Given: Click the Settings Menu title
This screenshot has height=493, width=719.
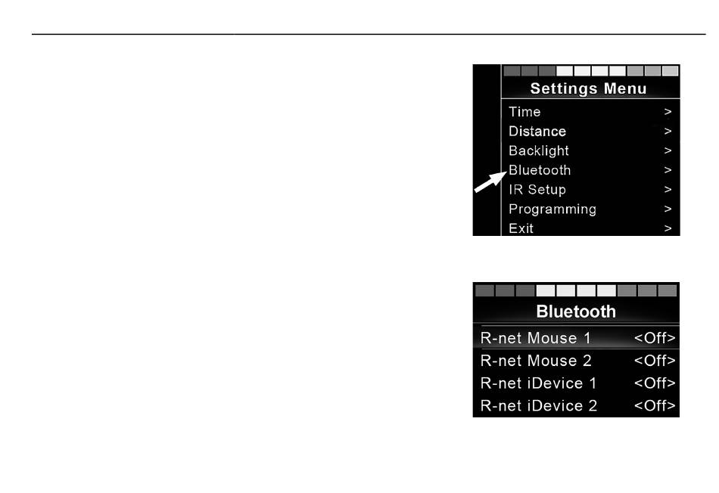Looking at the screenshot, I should tap(588, 88).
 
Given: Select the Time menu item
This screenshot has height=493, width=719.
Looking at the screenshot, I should tap(524, 112).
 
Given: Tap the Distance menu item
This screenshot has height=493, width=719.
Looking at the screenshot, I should tap(537, 132).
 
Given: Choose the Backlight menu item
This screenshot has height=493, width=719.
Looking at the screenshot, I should tap(538, 150).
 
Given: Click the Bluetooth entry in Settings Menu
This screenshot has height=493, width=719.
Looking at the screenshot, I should tap(540, 170).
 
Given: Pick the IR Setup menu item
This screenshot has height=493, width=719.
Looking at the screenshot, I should tap(537, 190).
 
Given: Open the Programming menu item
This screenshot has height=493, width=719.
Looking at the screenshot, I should tap(552, 209).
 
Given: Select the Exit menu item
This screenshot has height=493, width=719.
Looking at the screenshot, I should tap(521, 228).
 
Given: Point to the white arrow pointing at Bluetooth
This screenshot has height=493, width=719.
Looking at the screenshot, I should tap(489, 184).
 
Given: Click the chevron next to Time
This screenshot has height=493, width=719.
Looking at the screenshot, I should tap(668, 112).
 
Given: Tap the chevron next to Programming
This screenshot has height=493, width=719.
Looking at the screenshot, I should tap(668, 209).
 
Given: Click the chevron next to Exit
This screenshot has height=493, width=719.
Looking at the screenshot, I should tap(668, 228).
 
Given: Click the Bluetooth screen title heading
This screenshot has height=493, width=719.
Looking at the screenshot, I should tap(576, 311).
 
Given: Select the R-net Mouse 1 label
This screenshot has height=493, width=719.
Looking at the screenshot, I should tap(536, 338).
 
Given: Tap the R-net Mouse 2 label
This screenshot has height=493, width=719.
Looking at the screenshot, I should tap(536, 361).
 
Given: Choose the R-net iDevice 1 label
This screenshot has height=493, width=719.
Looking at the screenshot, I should tap(539, 383).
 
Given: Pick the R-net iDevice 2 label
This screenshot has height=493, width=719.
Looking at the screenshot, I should tap(539, 406).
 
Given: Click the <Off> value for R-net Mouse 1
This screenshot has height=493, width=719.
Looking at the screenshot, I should tap(655, 338).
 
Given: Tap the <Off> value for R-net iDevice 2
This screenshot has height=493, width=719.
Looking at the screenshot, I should tap(655, 406).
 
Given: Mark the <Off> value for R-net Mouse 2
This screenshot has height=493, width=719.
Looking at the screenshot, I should tap(655, 361).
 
